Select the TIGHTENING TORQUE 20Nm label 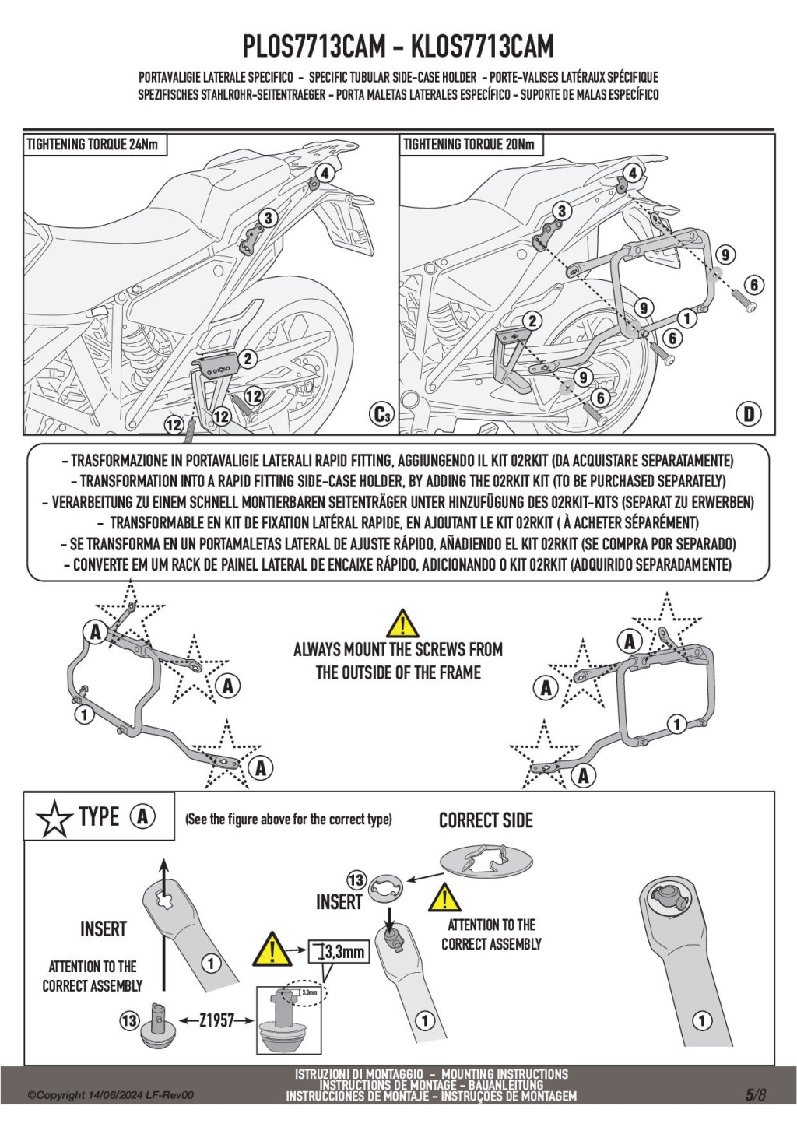click(469, 145)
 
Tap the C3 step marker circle click(381, 414)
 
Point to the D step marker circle click(749, 414)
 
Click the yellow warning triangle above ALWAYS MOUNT click(402, 624)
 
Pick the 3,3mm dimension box click(339, 951)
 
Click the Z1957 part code click(216, 1020)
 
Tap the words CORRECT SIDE click(486, 820)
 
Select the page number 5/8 click(756, 1094)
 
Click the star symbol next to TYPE click(54, 818)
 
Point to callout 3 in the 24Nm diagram click(268, 218)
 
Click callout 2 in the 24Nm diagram click(248, 358)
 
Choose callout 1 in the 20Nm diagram click(686, 318)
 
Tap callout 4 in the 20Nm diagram click(634, 173)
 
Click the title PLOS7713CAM click(314, 47)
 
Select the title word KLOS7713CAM click(482, 47)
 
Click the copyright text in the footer click(111, 1095)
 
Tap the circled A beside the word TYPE click(142, 816)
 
